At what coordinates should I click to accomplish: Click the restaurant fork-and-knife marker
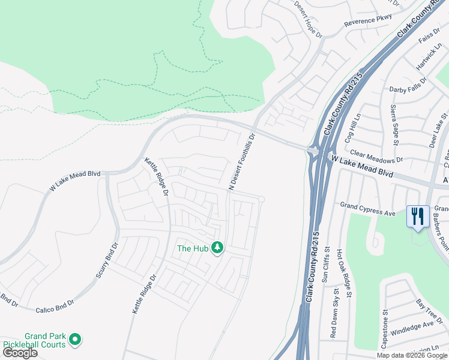[418, 216]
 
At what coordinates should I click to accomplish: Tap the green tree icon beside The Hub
[217, 248]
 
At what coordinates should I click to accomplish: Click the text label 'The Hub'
[193, 248]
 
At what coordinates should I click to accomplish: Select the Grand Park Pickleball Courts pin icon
[75, 340]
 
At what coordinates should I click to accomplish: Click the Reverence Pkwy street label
[367, 20]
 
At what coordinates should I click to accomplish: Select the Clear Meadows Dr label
[376, 157]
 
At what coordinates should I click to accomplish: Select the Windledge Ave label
[412, 328]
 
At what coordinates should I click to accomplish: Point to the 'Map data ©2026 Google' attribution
[412, 355]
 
